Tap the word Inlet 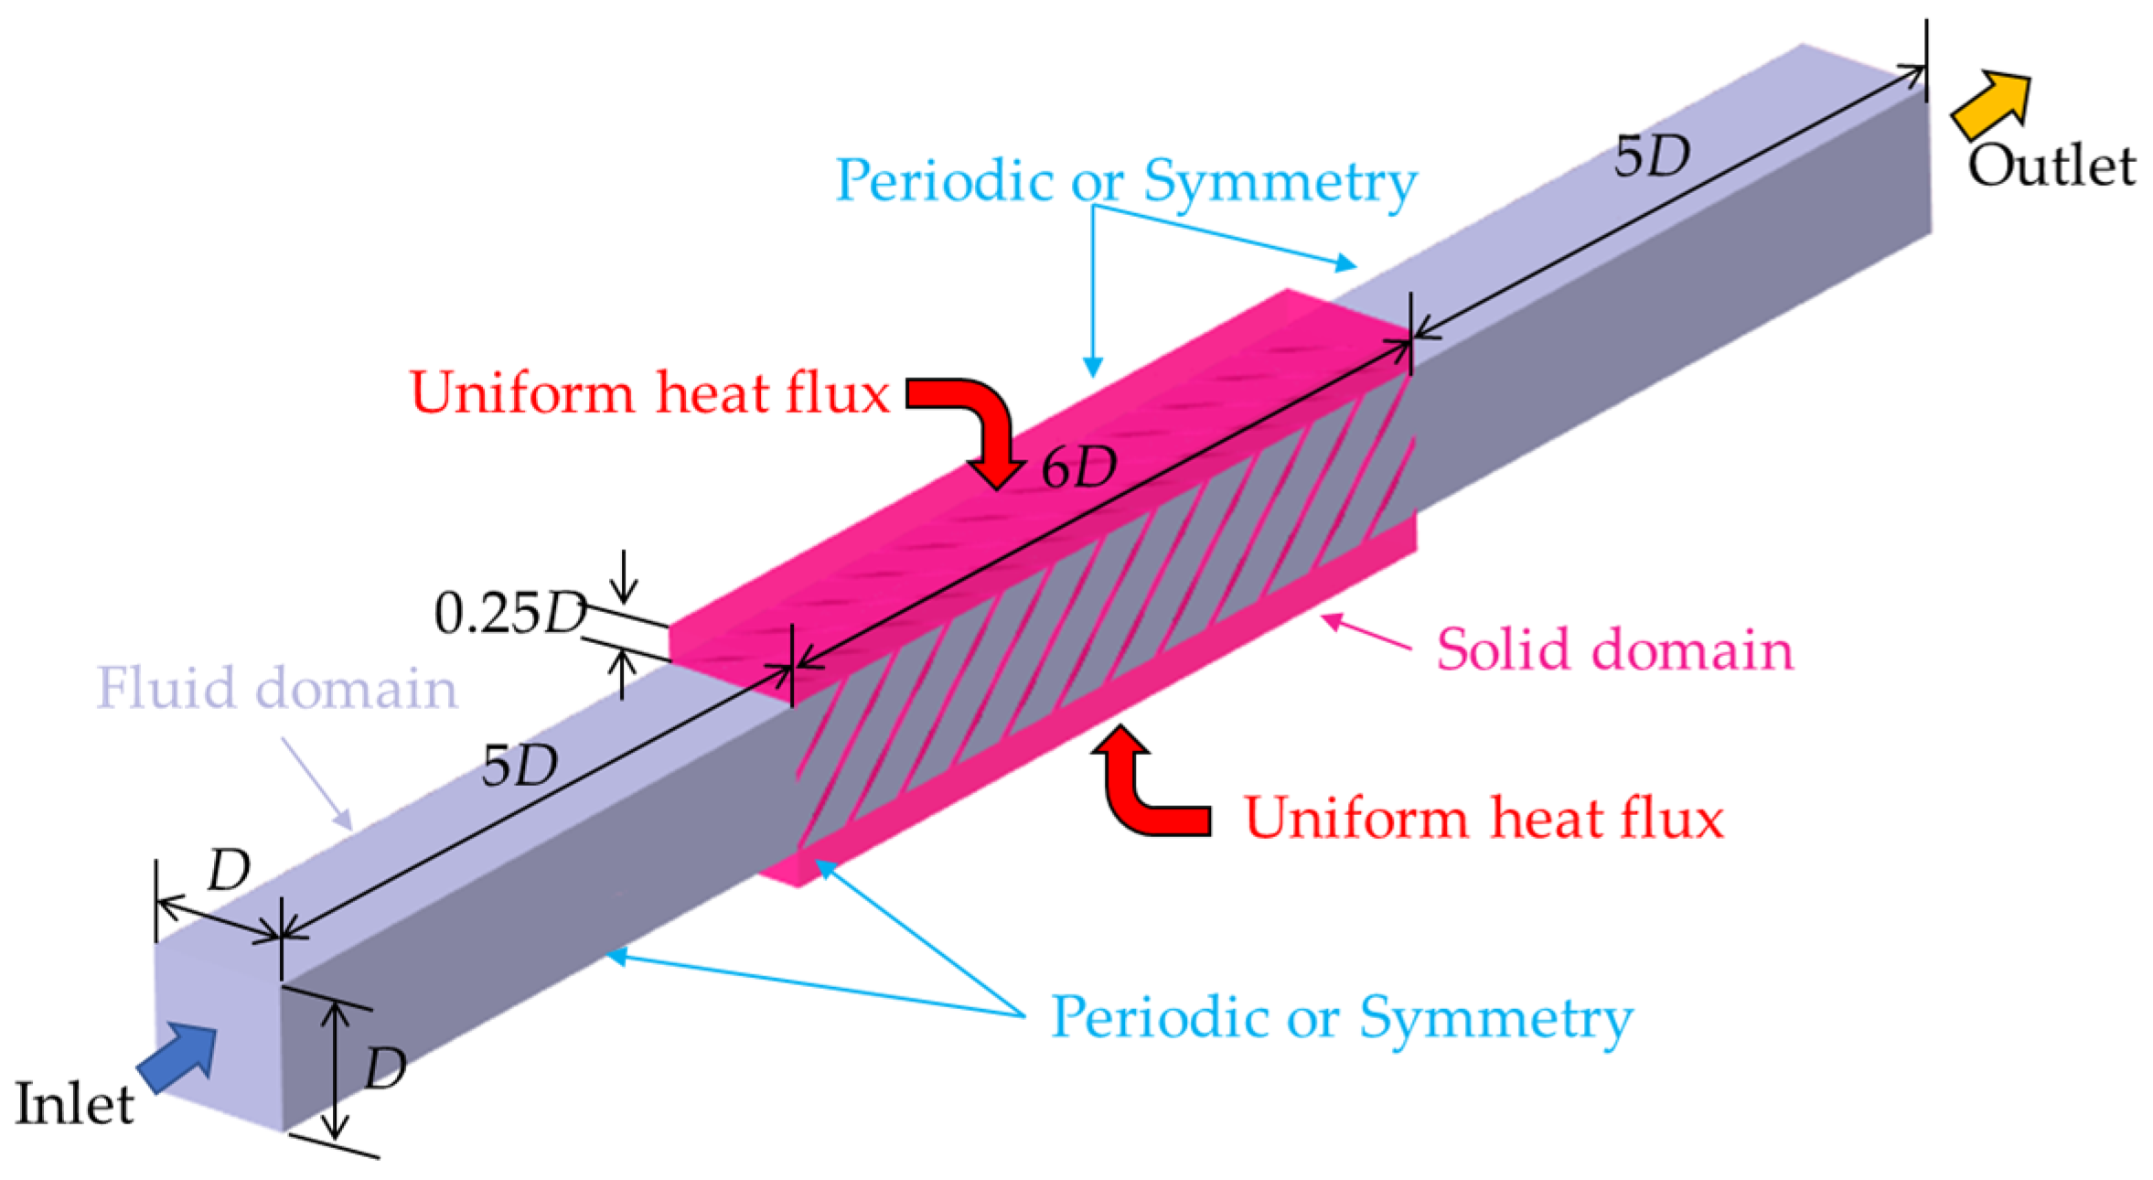(75, 1104)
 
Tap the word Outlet (2051, 167)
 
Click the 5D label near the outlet (1652, 157)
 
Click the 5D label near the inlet (520, 766)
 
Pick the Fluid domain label (276, 688)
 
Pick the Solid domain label (1614, 650)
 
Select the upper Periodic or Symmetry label (1126, 180)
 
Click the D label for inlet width (228, 870)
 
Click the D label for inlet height (385, 1067)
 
